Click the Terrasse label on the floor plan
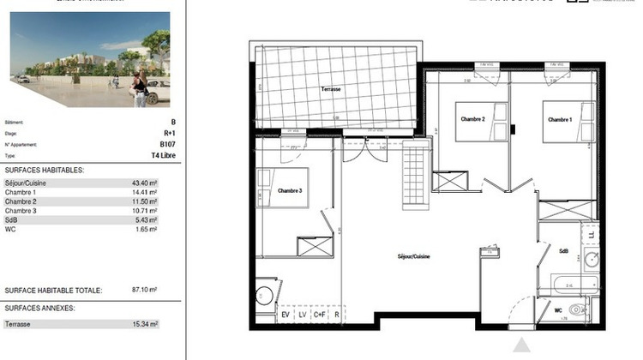[331, 89]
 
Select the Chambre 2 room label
[473, 119]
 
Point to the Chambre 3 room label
[290, 190]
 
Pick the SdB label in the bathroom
[564, 251]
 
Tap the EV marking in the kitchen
[285, 315]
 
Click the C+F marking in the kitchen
[320, 315]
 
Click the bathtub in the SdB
[568, 283]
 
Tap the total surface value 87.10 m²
[146, 291]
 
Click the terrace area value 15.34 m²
[146, 323]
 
